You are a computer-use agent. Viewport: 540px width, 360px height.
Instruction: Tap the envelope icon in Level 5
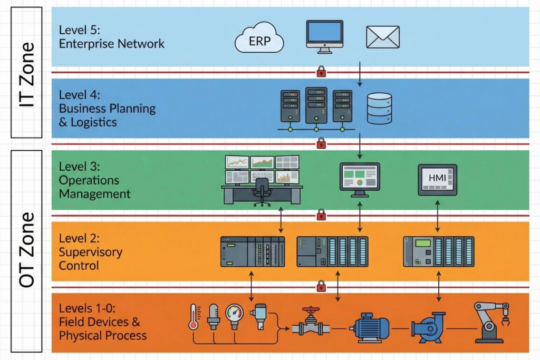coord(382,37)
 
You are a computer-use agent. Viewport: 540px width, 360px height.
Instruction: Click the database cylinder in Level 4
coord(379,108)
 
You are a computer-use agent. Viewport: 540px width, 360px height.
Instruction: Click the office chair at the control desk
coord(261,191)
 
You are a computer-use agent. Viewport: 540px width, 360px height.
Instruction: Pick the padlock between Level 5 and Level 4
coord(321,71)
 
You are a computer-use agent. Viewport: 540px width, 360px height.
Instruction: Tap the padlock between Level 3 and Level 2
coord(321,215)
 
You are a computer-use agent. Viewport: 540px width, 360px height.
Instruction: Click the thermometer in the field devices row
coord(193,316)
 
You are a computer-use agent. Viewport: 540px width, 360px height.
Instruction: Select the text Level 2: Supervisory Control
coord(90,252)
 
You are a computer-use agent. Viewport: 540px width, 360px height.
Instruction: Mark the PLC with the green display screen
coord(438,251)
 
